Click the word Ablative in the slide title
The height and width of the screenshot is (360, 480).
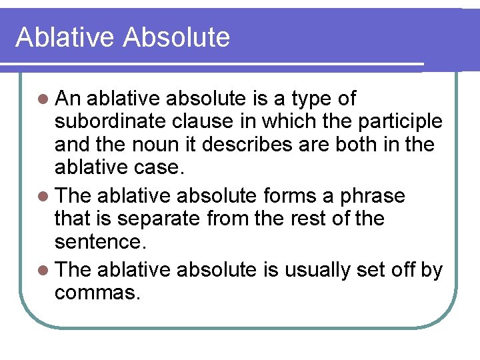click(x=64, y=37)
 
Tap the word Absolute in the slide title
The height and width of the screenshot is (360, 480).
click(x=176, y=37)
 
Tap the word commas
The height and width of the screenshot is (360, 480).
click(x=97, y=292)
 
